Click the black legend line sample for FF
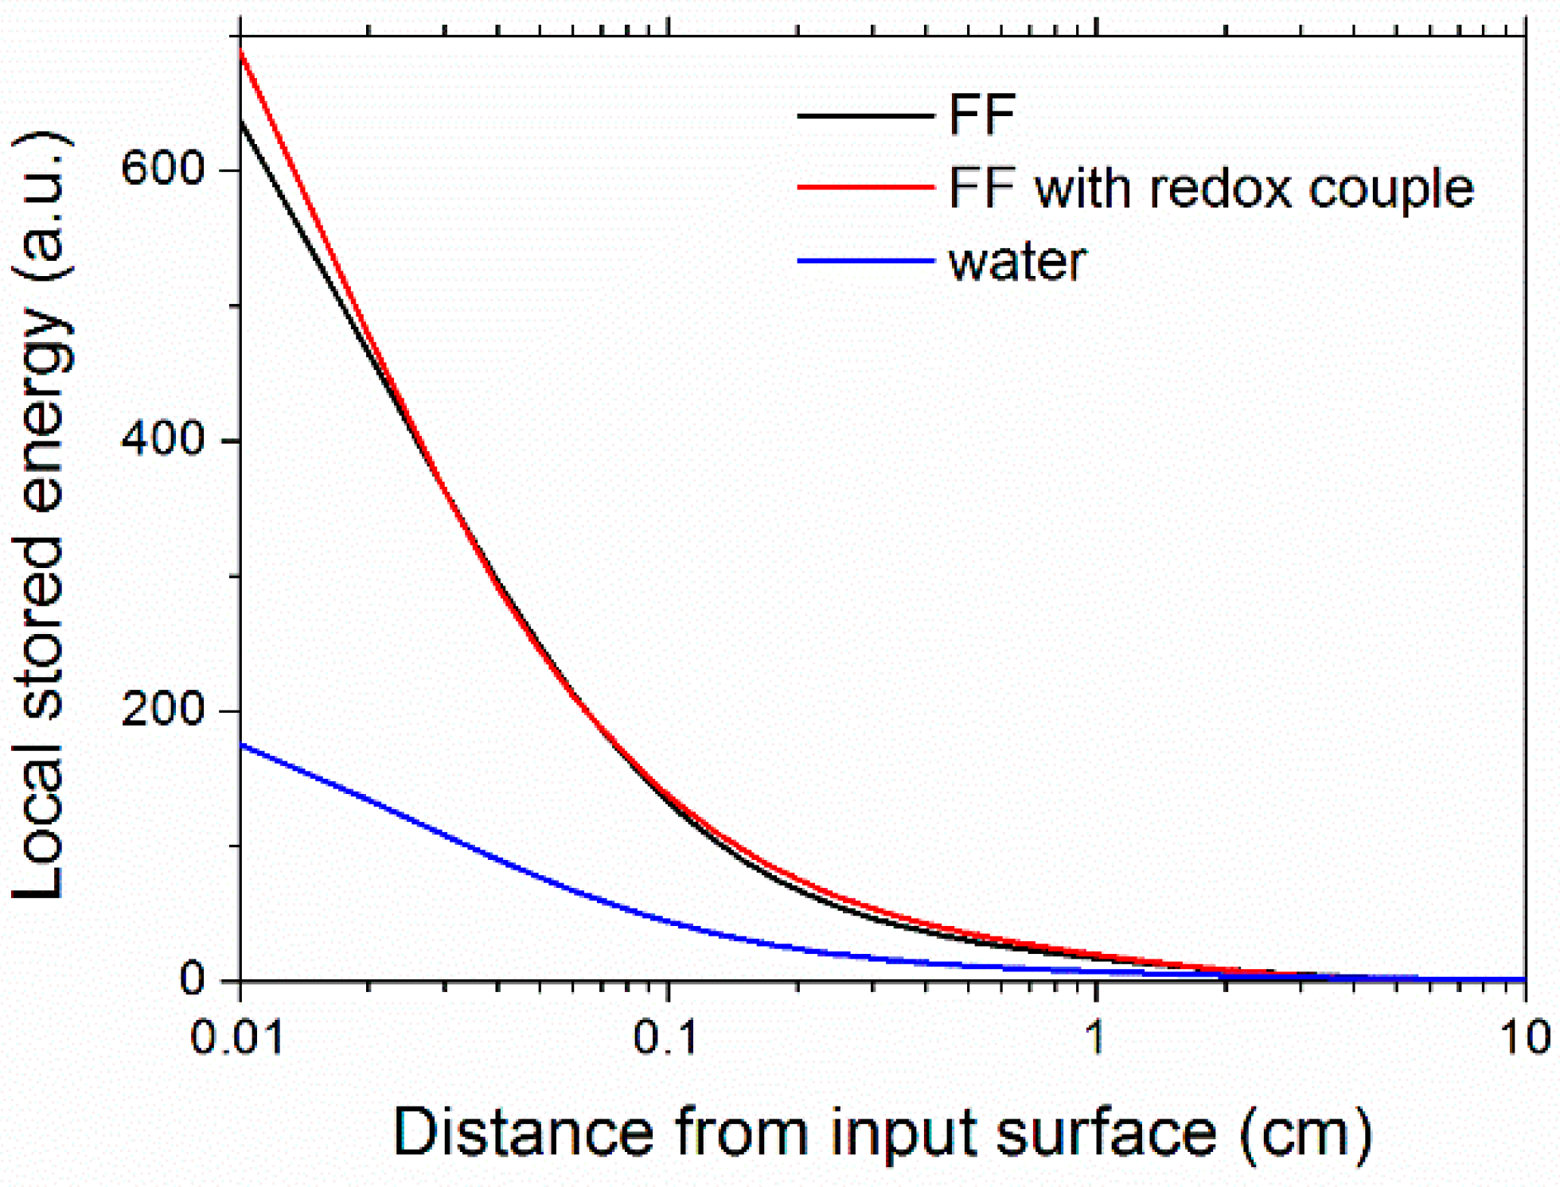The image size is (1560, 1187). coord(865,116)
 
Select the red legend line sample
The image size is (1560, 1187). coord(865,188)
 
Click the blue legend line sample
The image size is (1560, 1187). coord(865,261)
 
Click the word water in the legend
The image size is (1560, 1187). coord(1017,263)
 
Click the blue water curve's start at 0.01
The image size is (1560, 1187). coord(241,745)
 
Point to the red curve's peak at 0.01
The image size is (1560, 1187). coord(241,51)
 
